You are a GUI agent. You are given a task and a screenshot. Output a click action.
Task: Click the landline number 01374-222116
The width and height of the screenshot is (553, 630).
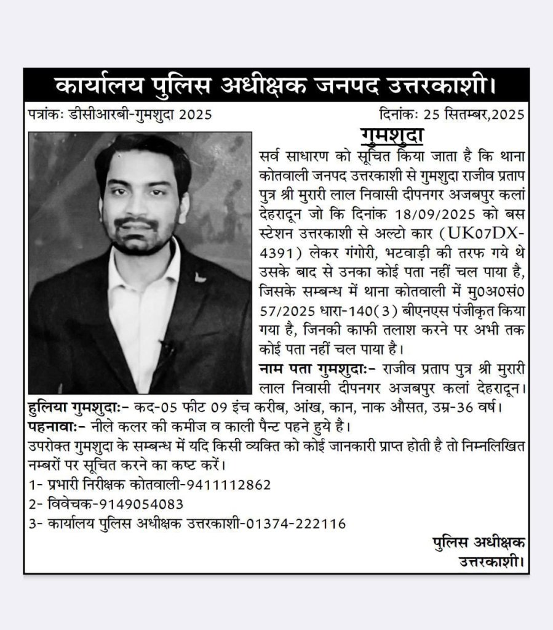click(x=296, y=523)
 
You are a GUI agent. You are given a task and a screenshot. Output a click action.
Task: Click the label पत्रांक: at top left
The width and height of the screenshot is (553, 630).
click(x=46, y=115)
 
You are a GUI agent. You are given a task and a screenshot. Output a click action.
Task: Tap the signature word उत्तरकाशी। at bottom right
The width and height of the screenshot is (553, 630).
click(x=492, y=560)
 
